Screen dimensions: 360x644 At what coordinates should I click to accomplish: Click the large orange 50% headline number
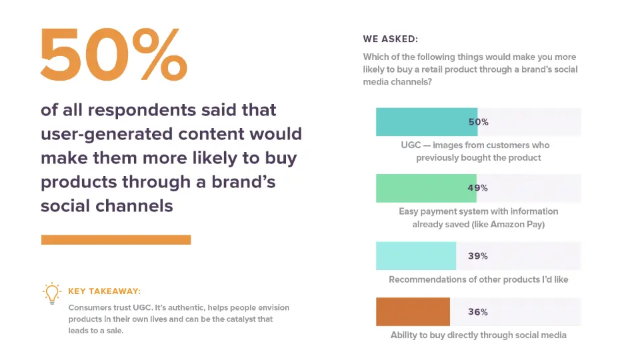click(113, 55)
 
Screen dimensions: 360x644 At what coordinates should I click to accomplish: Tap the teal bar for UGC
click(427, 122)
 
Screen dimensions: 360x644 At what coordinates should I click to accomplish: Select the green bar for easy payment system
click(427, 188)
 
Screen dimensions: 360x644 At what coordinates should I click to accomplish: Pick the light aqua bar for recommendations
click(416, 256)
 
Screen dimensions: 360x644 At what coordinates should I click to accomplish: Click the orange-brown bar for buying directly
click(413, 312)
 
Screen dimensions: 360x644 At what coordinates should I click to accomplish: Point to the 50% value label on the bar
click(478, 122)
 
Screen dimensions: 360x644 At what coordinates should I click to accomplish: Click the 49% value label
click(478, 188)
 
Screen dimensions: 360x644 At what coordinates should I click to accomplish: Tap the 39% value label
click(478, 256)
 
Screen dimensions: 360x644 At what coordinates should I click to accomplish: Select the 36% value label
click(478, 312)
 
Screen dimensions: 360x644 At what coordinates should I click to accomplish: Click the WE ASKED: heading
click(390, 39)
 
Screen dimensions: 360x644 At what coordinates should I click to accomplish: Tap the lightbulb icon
click(51, 293)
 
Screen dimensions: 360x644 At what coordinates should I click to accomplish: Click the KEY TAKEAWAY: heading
click(104, 291)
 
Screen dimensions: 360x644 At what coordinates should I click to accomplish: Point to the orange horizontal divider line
click(116, 239)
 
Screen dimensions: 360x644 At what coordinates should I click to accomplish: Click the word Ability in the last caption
click(404, 335)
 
